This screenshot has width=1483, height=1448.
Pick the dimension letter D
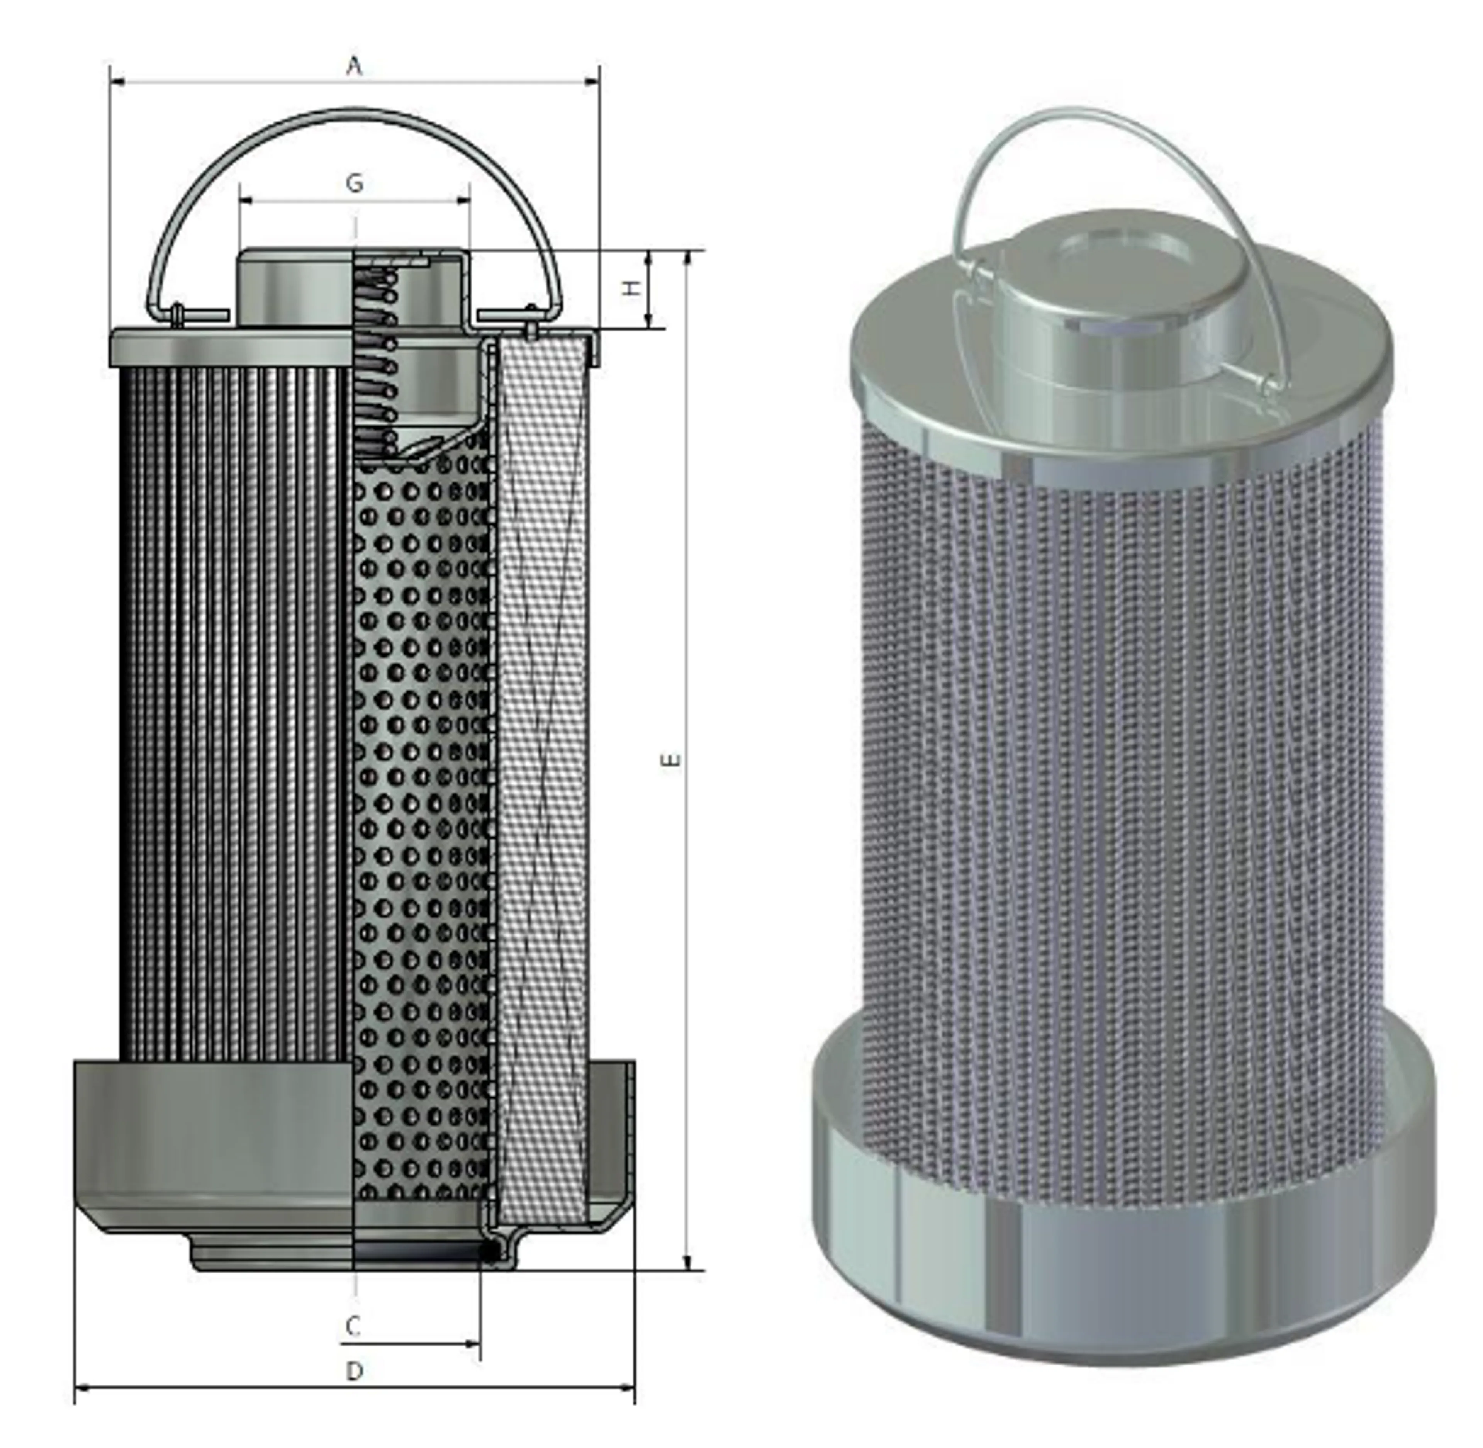(355, 1371)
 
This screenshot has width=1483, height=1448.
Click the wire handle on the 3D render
(1103, 114)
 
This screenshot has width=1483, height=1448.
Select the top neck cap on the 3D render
(1118, 304)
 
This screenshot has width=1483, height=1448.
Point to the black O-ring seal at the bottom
(490, 1251)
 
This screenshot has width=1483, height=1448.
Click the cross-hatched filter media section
(541, 760)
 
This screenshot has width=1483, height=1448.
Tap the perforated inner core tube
(422, 760)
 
